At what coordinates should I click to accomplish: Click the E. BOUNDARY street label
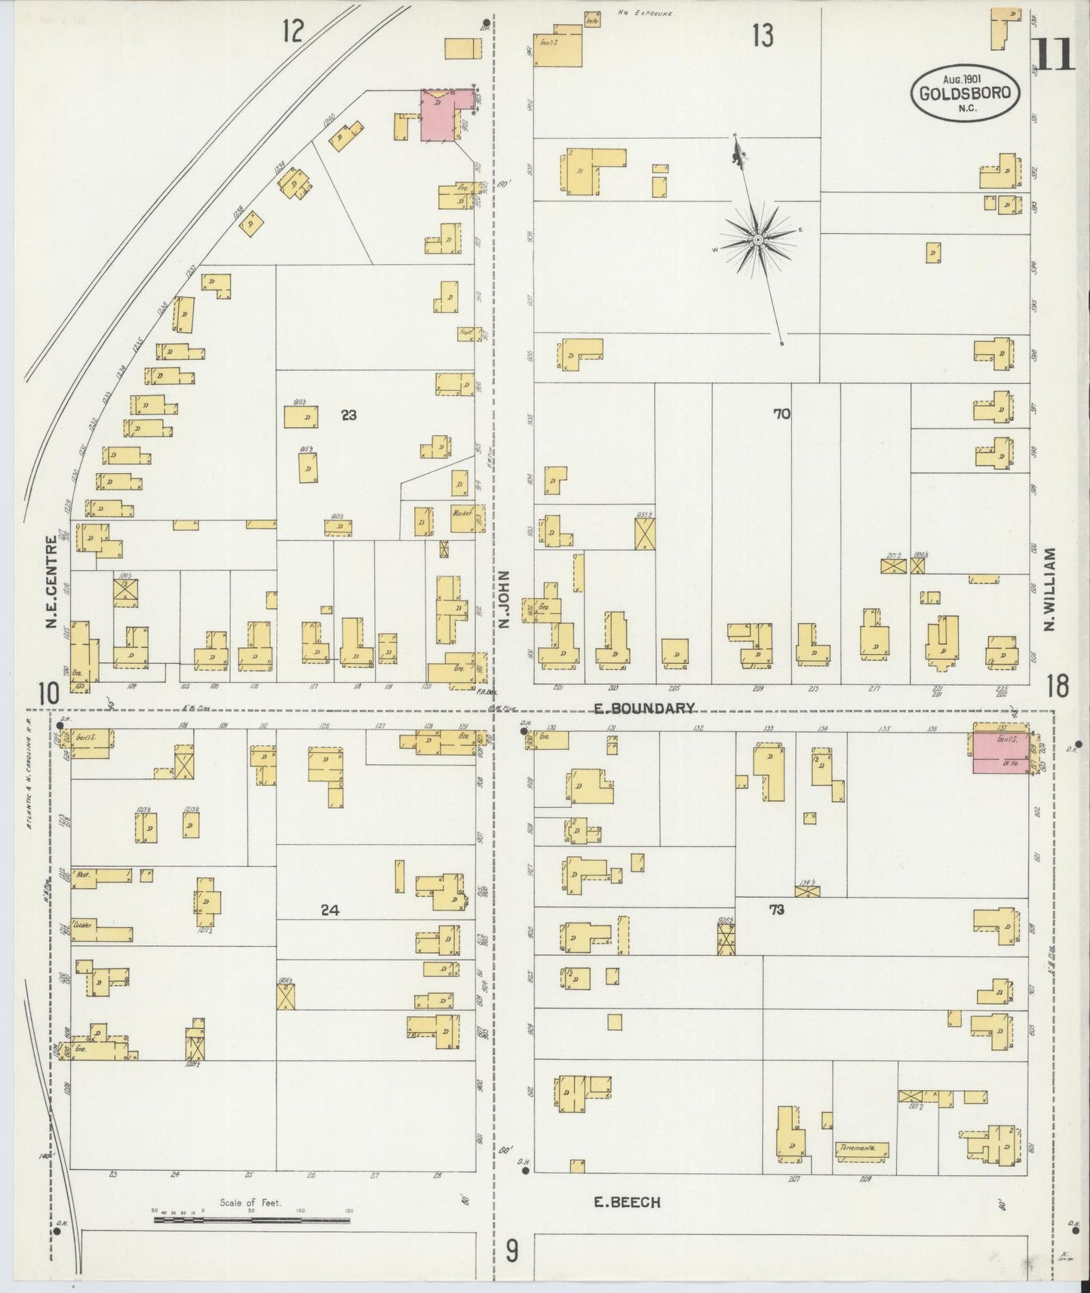[643, 708]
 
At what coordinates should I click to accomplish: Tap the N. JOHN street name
[504, 600]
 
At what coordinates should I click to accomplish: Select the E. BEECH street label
[627, 1202]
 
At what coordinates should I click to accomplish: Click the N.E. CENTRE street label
[51, 582]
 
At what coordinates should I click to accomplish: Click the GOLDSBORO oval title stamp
[966, 93]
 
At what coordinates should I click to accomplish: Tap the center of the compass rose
[757, 240]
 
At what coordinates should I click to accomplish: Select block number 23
[348, 414]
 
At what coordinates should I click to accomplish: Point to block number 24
[330, 911]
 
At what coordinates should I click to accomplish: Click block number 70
[781, 413]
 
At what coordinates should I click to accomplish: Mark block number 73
[776, 910]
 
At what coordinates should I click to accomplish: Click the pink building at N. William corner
[998, 751]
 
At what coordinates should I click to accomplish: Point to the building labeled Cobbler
[102, 931]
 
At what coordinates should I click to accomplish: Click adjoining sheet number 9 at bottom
[511, 1253]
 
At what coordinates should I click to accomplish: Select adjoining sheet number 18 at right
[1058, 686]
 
